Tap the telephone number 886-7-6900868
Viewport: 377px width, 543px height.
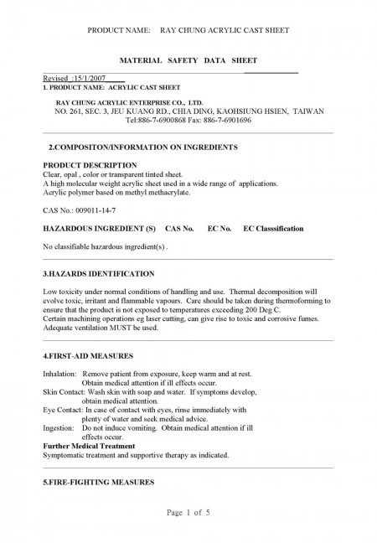click(166, 119)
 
